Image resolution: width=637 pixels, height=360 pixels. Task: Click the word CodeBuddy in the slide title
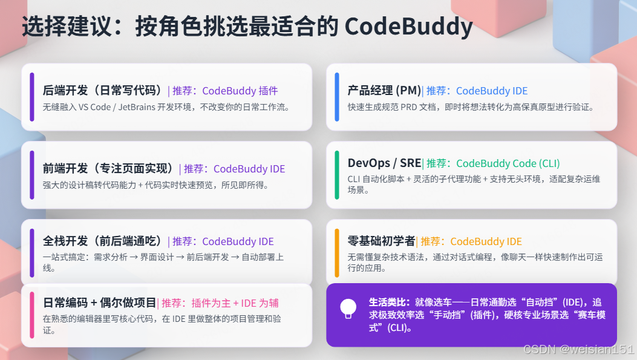coord(409,27)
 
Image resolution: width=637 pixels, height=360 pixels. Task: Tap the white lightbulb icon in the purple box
coord(348,309)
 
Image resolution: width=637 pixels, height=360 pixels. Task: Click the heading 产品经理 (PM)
coord(384,90)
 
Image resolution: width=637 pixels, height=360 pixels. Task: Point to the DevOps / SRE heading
coord(384,163)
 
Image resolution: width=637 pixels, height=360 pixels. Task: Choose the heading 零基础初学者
coord(381,241)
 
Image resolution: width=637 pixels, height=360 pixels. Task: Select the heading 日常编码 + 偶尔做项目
coord(100,303)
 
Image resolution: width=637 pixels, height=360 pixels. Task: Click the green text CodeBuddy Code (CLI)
coord(508,163)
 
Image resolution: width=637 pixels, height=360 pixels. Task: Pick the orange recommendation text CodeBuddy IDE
coord(486,241)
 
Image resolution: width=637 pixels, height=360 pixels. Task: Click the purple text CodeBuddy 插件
coord(240,91)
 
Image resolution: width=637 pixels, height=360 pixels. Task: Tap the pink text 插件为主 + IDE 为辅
coord(235,303)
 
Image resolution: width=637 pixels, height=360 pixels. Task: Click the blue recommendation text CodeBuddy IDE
coord(492,91)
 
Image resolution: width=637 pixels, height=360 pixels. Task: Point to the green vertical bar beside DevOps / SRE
coord(337,175)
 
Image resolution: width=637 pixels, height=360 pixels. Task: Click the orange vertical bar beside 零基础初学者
coord(337,253)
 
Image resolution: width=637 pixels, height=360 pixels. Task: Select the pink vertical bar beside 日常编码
coord(31,315)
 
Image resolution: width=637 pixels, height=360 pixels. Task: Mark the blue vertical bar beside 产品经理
coord(337,97)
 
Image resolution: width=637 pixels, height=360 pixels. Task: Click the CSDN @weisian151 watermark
coord(578,349)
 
